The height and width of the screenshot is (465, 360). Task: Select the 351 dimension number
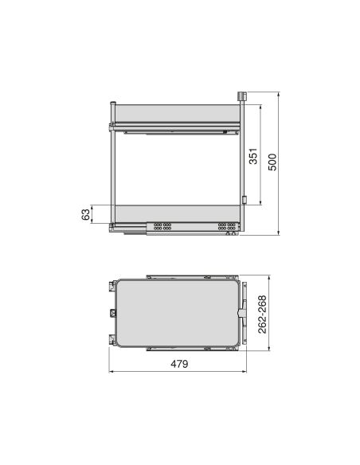click(x=252, y=156)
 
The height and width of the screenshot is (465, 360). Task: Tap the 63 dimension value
click(x=85, y=214)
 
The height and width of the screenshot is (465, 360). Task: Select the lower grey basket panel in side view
click(x=176, y=213)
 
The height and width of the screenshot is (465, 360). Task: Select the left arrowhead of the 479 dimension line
click(x=112, y=371)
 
